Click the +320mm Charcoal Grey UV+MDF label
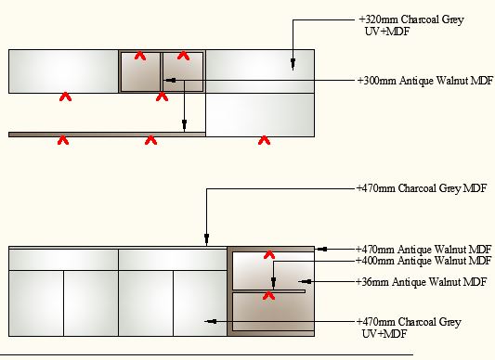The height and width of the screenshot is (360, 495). (411, 25)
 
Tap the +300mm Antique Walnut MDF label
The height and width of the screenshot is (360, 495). (425, 81)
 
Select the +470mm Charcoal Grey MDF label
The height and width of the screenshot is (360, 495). (422, 188)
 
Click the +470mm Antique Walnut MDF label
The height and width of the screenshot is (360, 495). (423, 250)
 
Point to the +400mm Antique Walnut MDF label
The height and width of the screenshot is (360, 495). (423, 261)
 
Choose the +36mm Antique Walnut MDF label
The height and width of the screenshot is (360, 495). (421, 281)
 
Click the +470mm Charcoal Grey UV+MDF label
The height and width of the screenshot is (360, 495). (409, 328)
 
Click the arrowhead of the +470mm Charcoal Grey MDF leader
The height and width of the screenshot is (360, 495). (207, 238)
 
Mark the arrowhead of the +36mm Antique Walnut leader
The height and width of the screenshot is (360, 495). (306, 281)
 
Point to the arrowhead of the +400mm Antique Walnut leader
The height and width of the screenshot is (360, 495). (274, 281)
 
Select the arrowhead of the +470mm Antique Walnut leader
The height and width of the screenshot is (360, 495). (322, 250)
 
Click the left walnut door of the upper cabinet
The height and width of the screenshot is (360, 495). (140, 72)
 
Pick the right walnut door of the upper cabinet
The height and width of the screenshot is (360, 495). (183, 72)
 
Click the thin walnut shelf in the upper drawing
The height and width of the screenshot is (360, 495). (107, 135)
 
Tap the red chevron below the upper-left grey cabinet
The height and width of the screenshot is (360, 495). (65, 96)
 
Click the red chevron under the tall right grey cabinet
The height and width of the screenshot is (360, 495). (265, 140)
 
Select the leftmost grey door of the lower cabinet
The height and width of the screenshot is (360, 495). (36, 303)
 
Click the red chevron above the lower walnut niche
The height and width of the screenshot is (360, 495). (269, 254)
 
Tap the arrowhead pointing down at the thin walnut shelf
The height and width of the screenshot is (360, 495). (185, 124)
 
